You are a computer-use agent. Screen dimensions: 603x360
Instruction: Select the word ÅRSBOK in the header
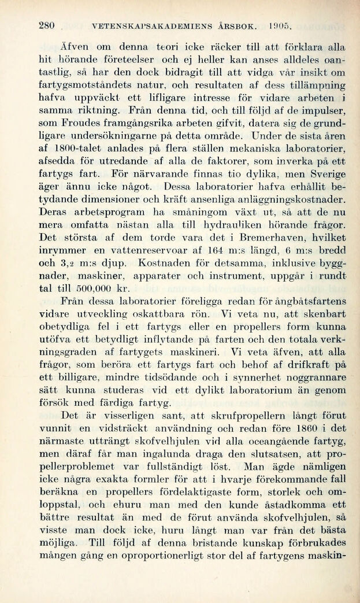pyautogui.click(x=236, y=26)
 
